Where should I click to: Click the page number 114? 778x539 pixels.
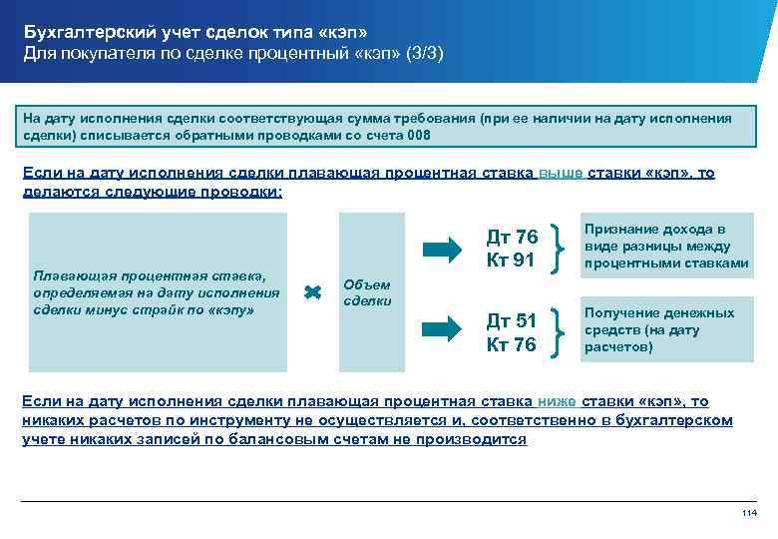(x=751, y=513)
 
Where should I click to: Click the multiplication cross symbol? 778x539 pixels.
(x=311, y=291)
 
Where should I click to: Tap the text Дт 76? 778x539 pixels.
(x=512, y=237)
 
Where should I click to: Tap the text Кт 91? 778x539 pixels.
(x=511, y=261)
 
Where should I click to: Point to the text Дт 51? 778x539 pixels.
(x=511, y=320)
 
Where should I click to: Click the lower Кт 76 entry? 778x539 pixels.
(x=511, y=344)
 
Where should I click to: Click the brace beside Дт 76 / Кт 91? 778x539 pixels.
(x=565, y=248)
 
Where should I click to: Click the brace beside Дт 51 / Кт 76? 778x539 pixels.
(x=565, y=331)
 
